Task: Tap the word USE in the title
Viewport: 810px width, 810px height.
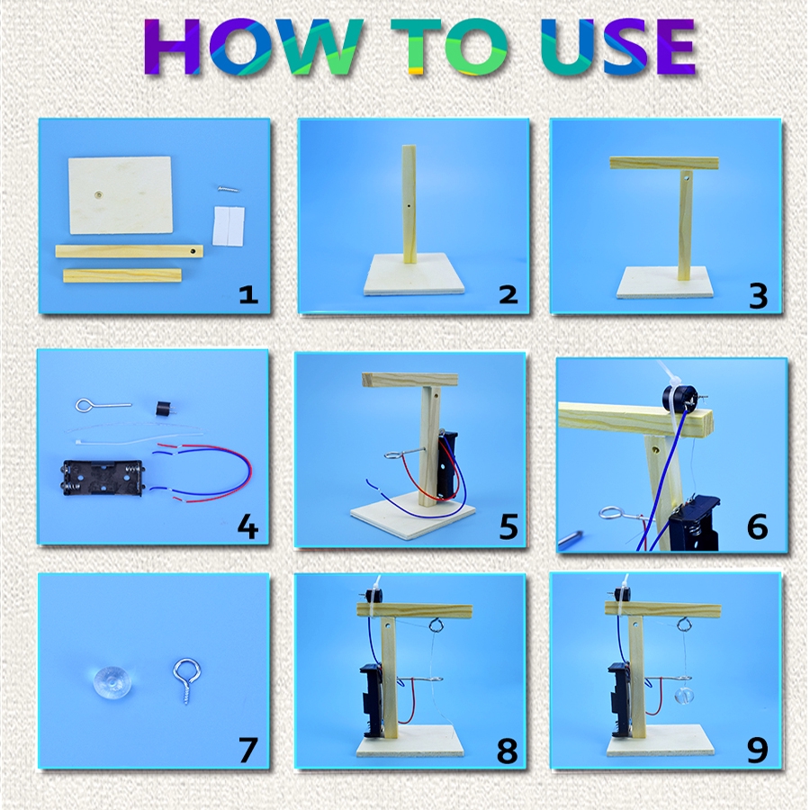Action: click(x=617, y=47)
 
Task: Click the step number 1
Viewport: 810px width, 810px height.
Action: click(x=248, y=294)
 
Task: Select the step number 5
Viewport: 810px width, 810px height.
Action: click(x=508, y=526)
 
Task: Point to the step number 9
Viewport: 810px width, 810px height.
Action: click(x=757, y=750)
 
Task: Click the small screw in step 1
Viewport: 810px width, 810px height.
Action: click(x=229, y=189)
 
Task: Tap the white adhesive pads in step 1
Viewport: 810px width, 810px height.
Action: click(x=229, y=226)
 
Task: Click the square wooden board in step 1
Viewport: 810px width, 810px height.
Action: click(x=121, y=194)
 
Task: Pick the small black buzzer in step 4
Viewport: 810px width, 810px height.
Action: click(x=163, y=409)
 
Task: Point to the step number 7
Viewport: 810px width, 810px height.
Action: click(x=248, y=750)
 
